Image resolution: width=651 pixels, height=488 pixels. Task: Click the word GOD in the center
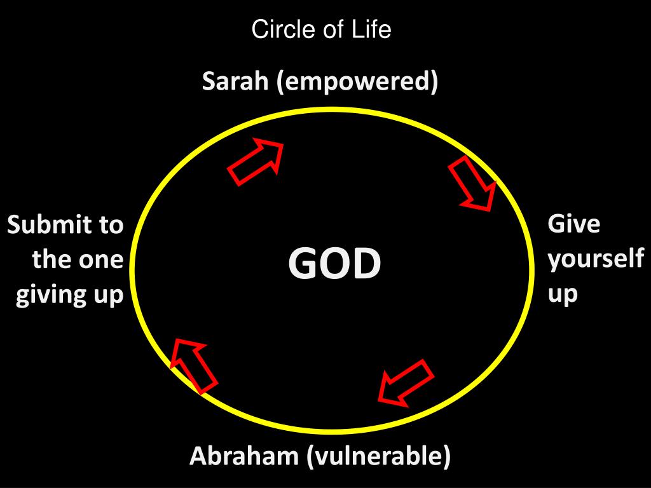click(334, 264)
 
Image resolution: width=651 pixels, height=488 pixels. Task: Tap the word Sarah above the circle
click(235, 82)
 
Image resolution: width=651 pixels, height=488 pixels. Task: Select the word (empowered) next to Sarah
click(357, 83)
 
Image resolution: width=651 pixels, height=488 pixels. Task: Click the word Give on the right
click(574, 224)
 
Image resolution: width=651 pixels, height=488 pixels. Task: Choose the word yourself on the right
click(596, 260)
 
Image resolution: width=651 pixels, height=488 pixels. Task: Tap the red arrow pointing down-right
click(473, 184)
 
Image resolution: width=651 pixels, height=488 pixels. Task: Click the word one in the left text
click(104, 261)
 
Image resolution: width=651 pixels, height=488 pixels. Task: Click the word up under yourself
click(563, 295)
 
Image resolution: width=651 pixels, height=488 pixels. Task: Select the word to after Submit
click(109, 225)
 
